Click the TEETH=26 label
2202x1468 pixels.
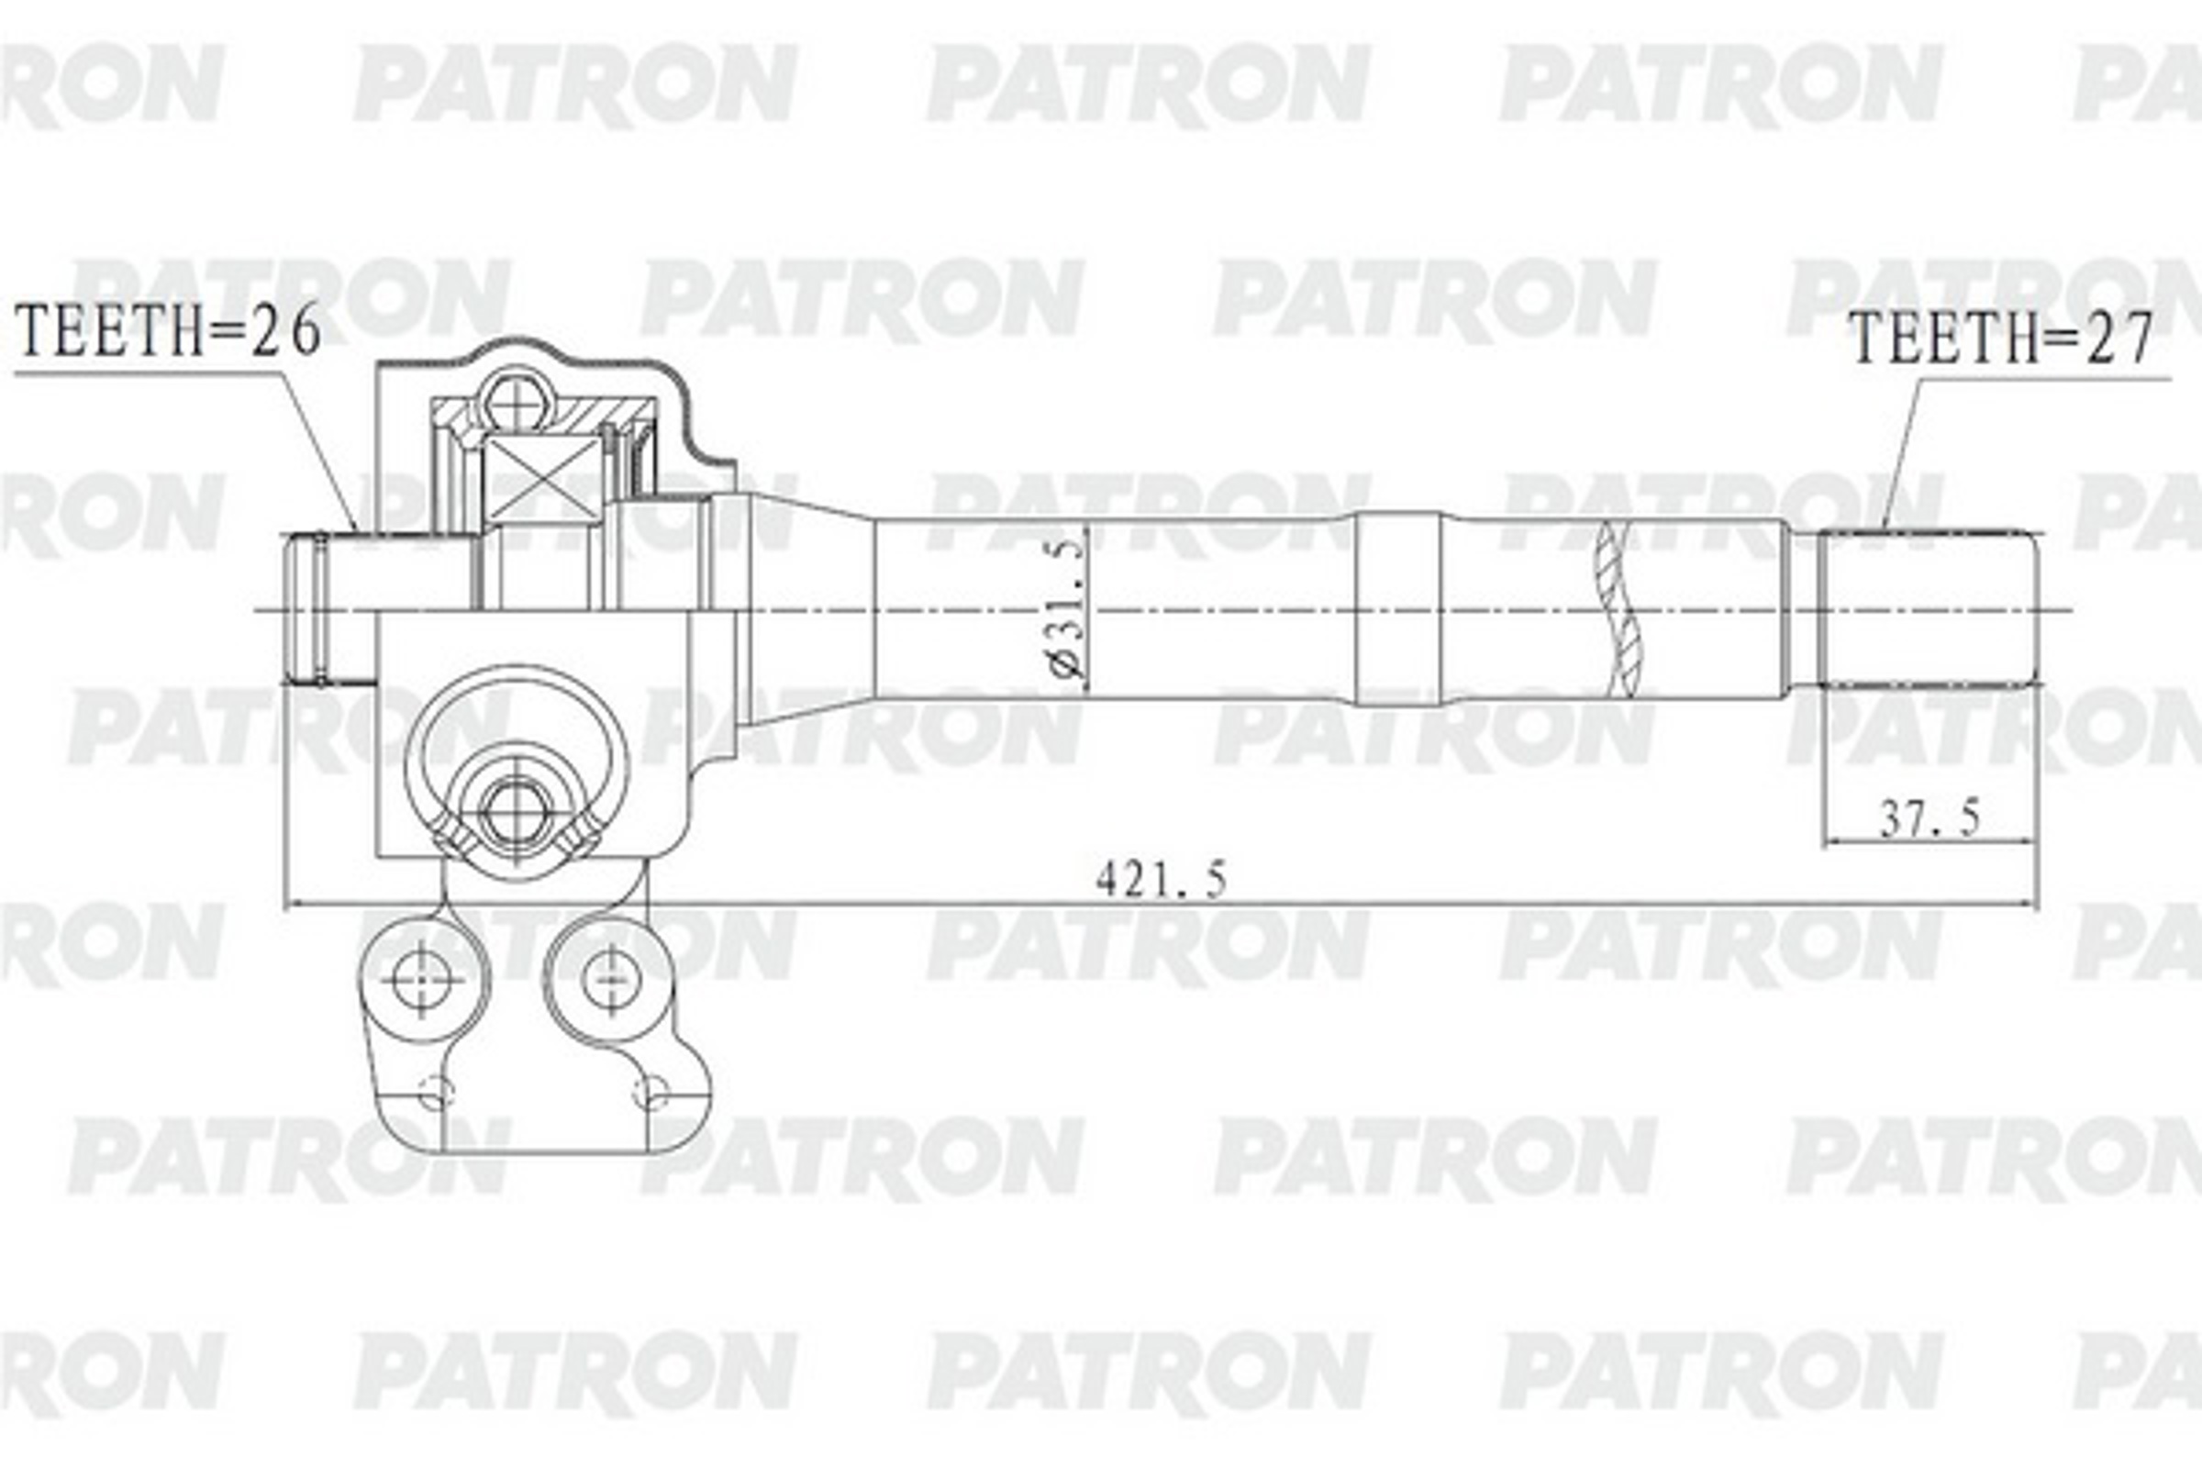(x=169, y=330)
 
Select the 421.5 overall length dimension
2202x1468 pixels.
(x=1160, y=880)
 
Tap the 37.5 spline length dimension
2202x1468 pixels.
(x=1930, y=820)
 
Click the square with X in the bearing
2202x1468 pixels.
(x=544, y=478)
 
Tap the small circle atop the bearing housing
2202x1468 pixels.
(x=516, y=402)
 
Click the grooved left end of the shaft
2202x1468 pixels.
(x=314, y=608)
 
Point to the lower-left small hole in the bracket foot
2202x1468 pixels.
(x=435, y=1091)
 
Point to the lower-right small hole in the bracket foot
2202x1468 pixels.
(x=651, y=1091)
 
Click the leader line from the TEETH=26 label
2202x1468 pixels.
(x=318, y=450)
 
